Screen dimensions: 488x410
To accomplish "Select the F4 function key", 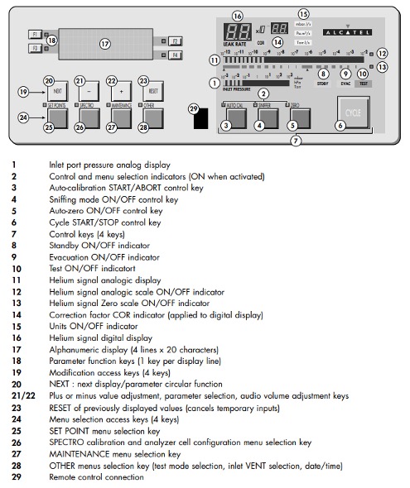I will click(175, 55).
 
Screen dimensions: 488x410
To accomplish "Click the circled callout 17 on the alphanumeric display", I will click(104, 42).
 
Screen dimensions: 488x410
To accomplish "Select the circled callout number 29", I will click(193, 108).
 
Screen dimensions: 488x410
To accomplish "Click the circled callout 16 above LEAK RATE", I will click(238, 16).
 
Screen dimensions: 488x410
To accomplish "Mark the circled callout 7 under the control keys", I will click(296, 141).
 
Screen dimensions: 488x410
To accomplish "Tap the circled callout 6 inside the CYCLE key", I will click(340, 125).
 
